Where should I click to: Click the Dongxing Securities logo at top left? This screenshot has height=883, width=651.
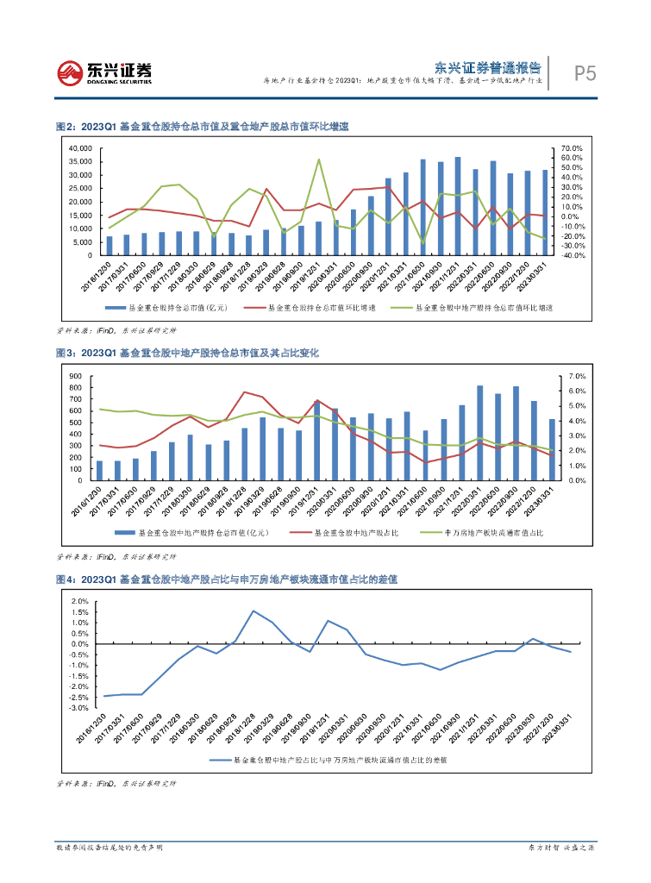[x=104, y=72]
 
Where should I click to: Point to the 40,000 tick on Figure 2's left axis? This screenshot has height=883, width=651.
[x=78, y=148]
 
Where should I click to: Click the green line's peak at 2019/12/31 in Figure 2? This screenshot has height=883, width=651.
[x=319, y=160]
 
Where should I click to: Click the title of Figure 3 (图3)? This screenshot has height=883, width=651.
[x=187, y=353]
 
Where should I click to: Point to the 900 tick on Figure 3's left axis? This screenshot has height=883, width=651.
[x=75, y=377]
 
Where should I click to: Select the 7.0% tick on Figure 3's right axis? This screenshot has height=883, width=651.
[x=573, y=377]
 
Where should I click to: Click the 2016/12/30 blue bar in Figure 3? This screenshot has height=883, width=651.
[x=100, y=470]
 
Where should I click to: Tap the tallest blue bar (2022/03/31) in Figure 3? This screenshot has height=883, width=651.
[x=480, y=433]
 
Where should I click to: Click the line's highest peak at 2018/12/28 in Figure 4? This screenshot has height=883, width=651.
[x=254, y=611]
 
